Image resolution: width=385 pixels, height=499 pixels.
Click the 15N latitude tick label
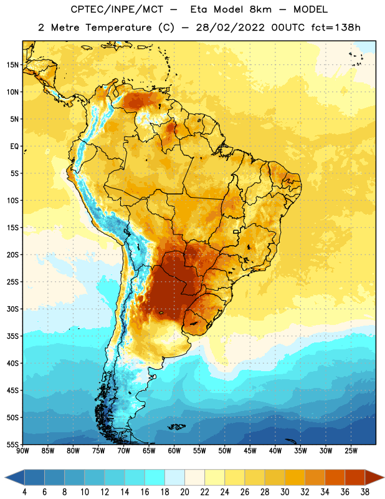(12, 65)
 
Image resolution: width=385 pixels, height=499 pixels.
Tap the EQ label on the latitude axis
(14, 146)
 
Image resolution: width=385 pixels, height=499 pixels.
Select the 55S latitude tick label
(12, 444)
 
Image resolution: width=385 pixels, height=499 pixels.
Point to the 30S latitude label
(12, 309)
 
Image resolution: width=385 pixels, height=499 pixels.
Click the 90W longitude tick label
(22, 451)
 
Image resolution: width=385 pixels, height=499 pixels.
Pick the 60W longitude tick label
(174, 451)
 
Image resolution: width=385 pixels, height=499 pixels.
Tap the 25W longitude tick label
(351, 451)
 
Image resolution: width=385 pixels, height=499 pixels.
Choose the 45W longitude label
(250, 451)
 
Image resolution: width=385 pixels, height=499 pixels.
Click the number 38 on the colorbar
(364, 492)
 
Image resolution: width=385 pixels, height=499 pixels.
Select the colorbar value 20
(184, 492)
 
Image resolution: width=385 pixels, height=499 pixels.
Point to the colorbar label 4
(25, 492)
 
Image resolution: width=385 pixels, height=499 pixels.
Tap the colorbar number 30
(285, 492)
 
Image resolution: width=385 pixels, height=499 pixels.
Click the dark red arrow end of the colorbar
(374, 477)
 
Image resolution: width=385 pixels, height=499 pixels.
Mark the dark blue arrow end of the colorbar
(15, 477)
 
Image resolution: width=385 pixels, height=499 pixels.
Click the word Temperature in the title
(118, 27)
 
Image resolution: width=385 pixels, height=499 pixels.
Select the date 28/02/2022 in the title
(230, 27)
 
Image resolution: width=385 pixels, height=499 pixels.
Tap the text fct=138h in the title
(336, 27)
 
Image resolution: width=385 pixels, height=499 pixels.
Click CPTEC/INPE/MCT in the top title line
(117, 9)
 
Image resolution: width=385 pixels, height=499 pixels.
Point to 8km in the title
(260, 9)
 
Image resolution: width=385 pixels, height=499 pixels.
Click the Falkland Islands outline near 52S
(176, 427)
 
